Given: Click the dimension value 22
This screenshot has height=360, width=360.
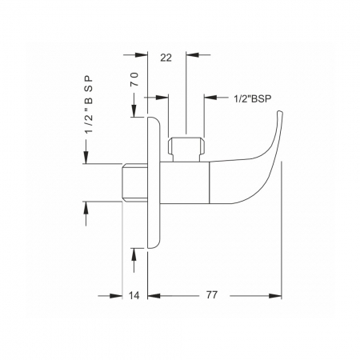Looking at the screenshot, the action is pos(166,58).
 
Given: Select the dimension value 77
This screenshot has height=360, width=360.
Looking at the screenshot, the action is pos(212,295).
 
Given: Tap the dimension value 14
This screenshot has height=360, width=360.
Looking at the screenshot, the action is pos(134,295).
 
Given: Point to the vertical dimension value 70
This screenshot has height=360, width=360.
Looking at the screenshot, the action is pos(134,79).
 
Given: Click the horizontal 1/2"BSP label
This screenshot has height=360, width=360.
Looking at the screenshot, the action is pos(253,98).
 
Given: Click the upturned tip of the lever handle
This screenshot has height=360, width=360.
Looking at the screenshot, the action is pos(279,112).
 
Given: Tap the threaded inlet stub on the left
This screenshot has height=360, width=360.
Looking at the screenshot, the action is pos(135,182).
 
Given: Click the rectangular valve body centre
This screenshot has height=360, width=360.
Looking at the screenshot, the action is pos(185,182).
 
